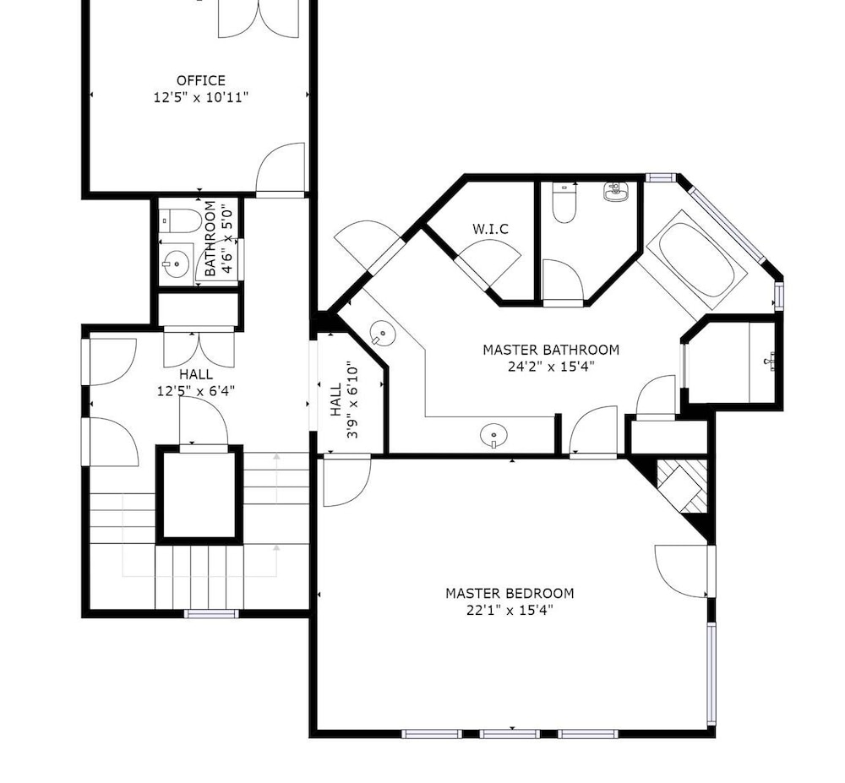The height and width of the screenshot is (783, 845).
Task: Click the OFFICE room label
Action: pos(201,81)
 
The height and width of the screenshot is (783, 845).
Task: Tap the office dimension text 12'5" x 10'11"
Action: pos(201,97)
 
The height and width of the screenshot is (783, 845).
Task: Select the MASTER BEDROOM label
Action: pos(510,594)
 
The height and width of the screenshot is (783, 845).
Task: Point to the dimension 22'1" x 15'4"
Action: pos(510,610)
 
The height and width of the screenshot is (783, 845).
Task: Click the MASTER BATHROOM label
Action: pos(551,350)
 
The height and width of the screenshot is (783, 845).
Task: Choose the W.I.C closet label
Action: pos(490,229)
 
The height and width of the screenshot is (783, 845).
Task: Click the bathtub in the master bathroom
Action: pos(696,259)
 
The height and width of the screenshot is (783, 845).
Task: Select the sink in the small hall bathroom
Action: pos(176,264)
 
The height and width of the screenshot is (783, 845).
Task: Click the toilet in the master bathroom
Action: pos(564,203)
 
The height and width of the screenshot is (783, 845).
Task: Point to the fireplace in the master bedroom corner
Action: pos(681,487)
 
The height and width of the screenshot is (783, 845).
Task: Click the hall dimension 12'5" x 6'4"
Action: pos(196,390)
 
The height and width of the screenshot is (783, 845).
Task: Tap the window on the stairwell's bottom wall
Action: pos(211,613)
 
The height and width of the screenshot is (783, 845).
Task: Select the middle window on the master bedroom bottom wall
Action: pos(510,733)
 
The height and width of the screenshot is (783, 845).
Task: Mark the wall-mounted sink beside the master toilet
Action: pos(616,192)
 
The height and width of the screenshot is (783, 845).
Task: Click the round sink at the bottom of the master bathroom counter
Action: pos(493,435)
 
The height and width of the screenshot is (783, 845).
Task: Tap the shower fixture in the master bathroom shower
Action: pos(770,361)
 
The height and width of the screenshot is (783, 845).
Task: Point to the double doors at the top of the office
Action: pos(258,19)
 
